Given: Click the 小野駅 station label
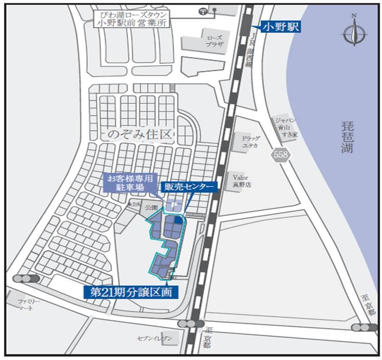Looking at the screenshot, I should pyautogui.click(x=280, y=27).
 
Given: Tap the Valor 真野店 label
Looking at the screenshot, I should pyautogui.click(x=242, y=181).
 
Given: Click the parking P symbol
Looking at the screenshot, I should pyautogui.click(x=173, y=205).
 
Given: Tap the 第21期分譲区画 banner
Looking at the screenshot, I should pyautogui.click(x=131, y=292).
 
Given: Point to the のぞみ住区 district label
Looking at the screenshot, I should pyautogui.click(x=140, y=135).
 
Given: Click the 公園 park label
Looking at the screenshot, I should pyautogui.click(x=151, y=207).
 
